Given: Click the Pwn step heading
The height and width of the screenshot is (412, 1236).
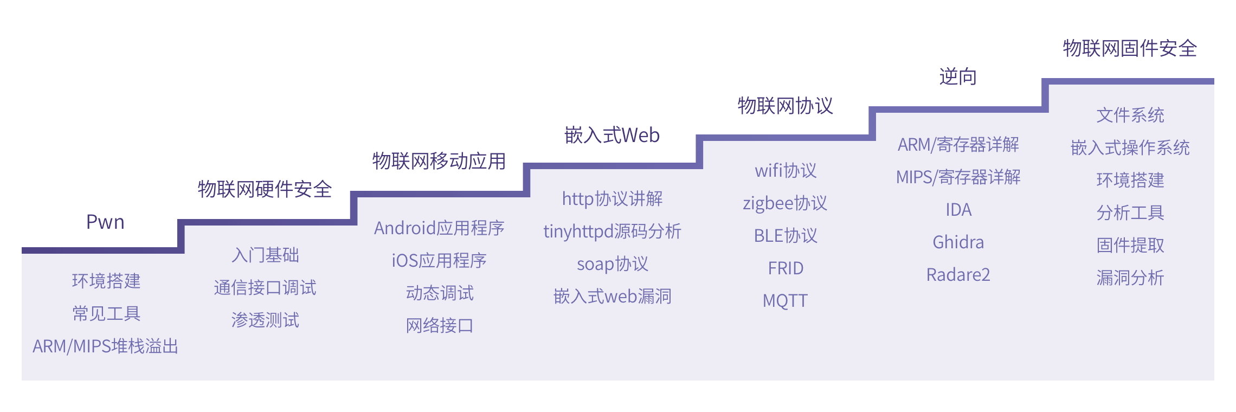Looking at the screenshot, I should pos(105,222).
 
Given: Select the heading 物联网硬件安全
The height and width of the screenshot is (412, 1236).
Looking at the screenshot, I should pos(265,189).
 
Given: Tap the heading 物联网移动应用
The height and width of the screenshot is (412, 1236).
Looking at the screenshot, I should pos(439,161).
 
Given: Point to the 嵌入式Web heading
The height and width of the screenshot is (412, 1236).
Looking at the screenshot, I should pos(612,135).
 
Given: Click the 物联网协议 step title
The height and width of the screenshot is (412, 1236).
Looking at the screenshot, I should pos(785,106).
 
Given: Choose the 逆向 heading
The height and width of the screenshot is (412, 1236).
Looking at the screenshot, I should pos(958,77).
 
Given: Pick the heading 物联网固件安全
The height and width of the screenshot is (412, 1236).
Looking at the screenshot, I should pos(1130,48).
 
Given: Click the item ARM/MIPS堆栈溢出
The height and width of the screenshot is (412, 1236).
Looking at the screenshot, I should pos(106,346).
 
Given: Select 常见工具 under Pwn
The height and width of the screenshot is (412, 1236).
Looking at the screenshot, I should pos(106,313).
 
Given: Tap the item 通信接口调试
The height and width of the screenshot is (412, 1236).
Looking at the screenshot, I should pos(265,287).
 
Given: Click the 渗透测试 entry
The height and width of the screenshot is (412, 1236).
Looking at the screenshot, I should pos(265,320).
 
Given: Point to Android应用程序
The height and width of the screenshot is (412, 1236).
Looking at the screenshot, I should pos(439,228).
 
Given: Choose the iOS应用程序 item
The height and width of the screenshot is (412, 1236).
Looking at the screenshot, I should pos(439,261).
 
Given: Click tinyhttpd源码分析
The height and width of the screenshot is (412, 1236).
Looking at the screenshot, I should pos(612,231).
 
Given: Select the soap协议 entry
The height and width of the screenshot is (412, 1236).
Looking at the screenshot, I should pos(612,264).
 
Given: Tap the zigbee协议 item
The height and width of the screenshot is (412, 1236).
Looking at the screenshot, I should pos(785,203).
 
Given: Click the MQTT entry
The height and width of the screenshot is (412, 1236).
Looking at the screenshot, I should pos(785,300).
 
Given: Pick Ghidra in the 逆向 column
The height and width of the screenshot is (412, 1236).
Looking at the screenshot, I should pos(958,242).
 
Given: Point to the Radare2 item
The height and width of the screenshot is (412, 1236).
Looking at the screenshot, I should pos(958,275).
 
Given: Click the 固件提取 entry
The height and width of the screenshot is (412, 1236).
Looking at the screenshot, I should pos(1130,245).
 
